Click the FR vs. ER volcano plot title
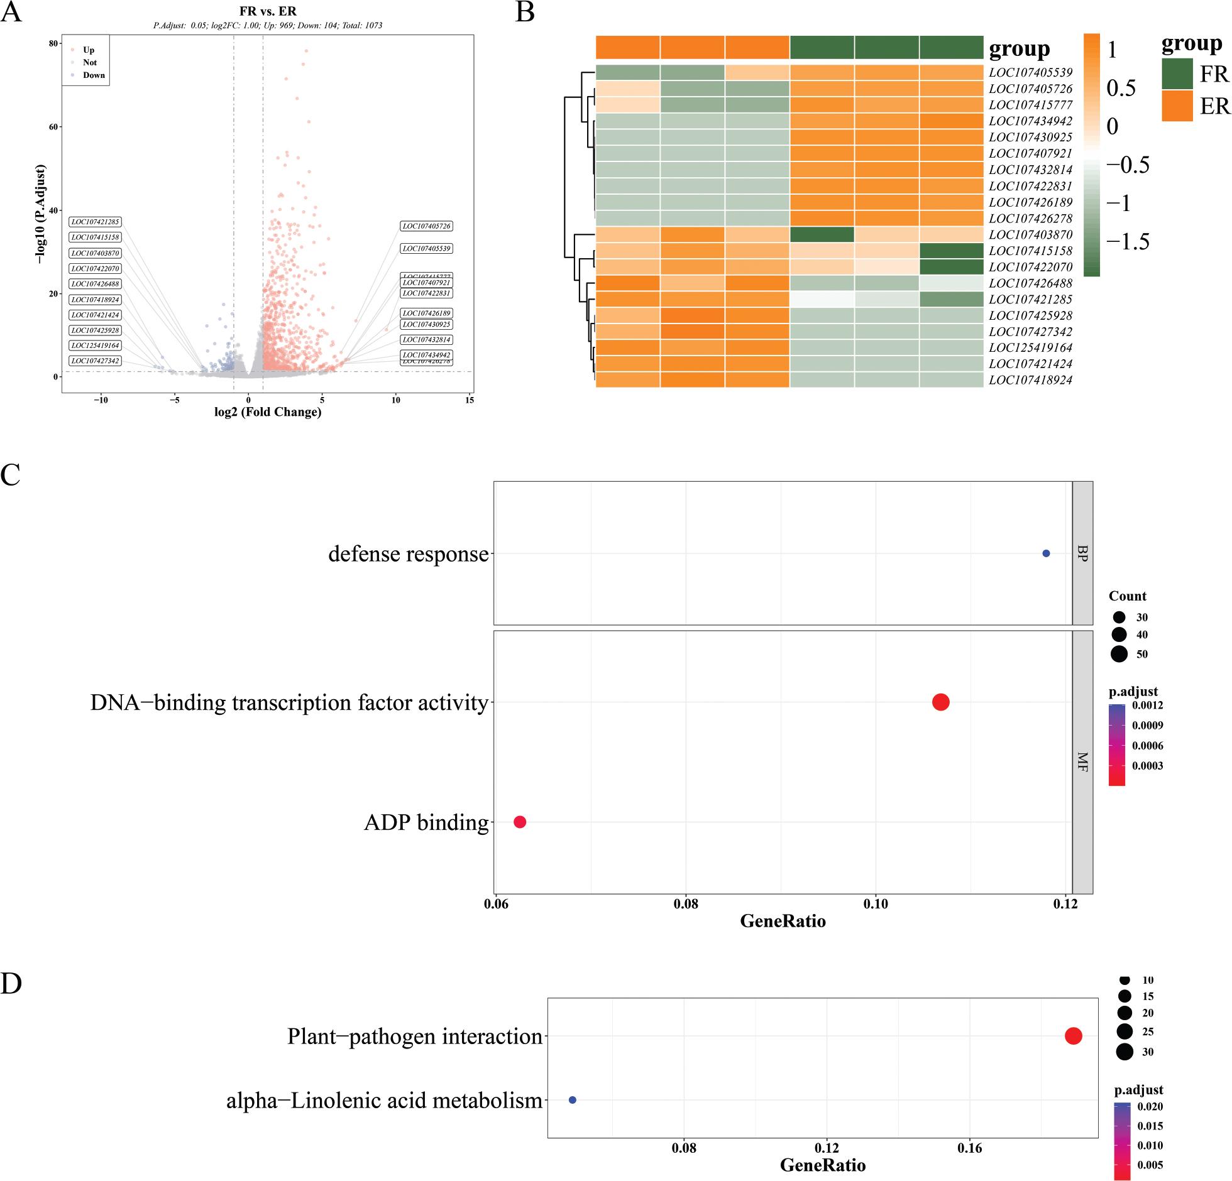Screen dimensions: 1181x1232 [x=268, y=12]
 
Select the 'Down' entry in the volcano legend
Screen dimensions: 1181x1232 [x=94, y=75]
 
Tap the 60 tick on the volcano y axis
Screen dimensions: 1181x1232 [x=54, y=127]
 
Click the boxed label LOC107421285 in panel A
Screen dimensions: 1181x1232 [x=96, y=222]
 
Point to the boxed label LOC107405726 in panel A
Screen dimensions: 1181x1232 [x=427, y=226]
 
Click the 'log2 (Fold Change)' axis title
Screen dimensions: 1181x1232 [x=267, y=412]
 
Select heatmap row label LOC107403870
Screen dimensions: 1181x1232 [x=1030, y=235]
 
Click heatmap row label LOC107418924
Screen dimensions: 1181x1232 [x=1030, y=380]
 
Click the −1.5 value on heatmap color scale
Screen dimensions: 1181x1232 [x=1128, y=242]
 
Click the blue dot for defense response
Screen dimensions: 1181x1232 [x=1046, y=553]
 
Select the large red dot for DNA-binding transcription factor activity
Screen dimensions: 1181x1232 [x=940, y=702]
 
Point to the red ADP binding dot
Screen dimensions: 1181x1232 [x=520, y=822]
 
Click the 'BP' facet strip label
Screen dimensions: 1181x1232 [x=1082, y=553]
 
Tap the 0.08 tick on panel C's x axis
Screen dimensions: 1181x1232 [x=686, y=904]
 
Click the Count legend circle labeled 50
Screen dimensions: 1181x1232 [x=1118, y=654]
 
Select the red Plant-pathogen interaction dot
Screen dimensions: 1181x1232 [x=1073, y=1037]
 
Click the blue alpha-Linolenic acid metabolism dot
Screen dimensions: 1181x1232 [x=573, y=1100]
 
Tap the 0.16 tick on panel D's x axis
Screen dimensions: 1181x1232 [x=970, y=1148]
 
